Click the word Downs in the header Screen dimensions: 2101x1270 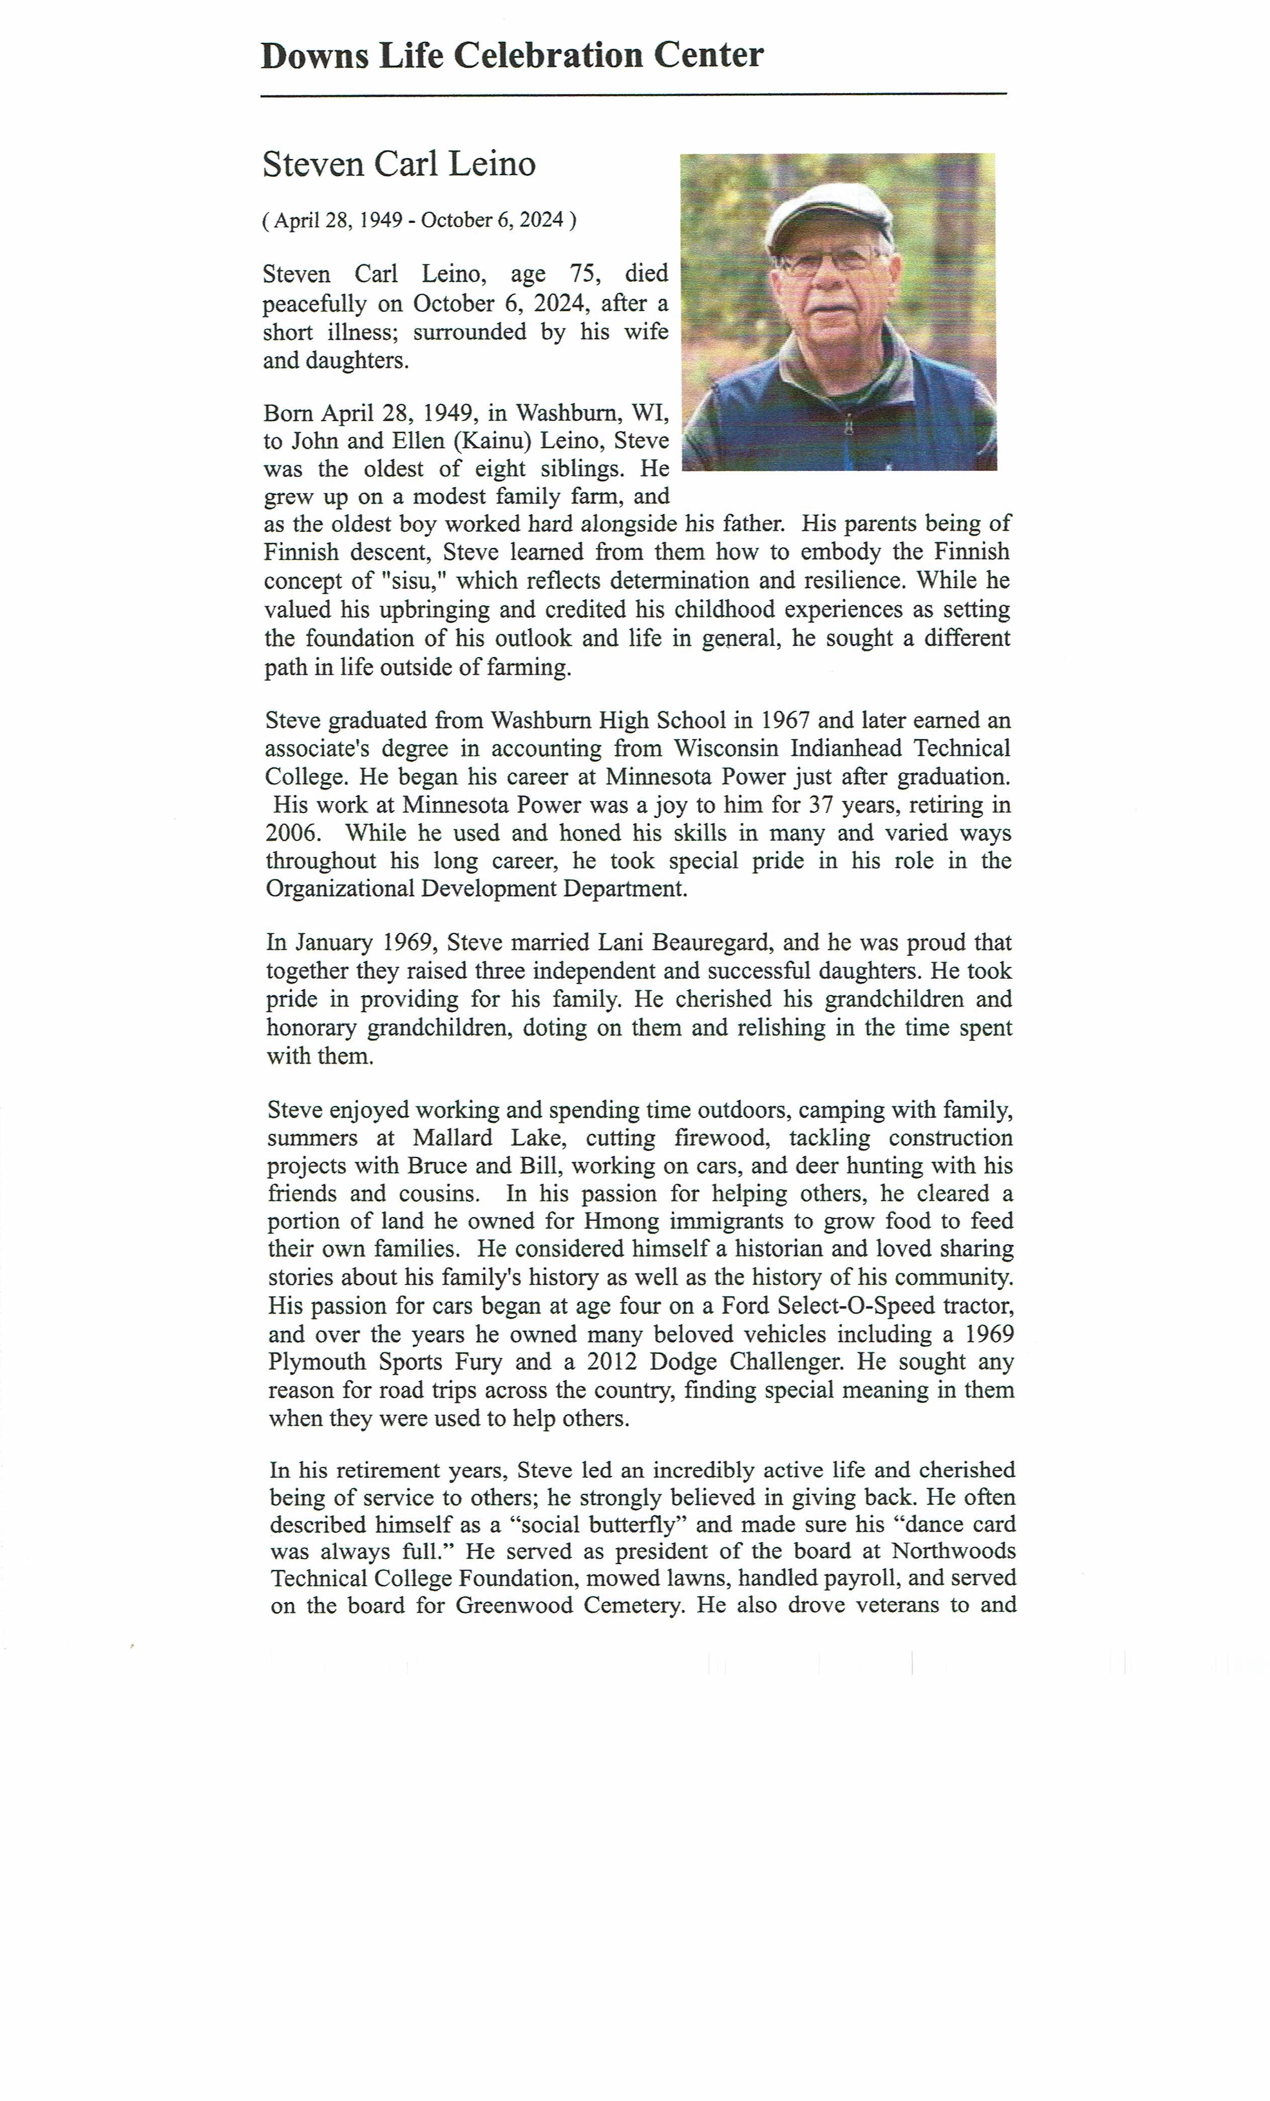coord(315,56)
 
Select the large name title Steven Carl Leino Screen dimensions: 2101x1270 coord(399,164)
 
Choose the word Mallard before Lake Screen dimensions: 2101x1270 coord(452,1139)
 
